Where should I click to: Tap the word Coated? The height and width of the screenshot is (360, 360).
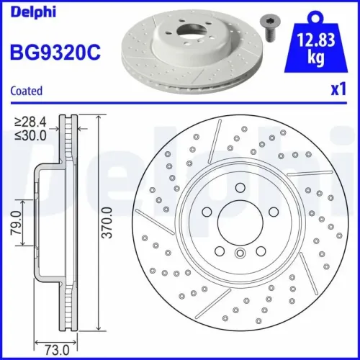[26, 91]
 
